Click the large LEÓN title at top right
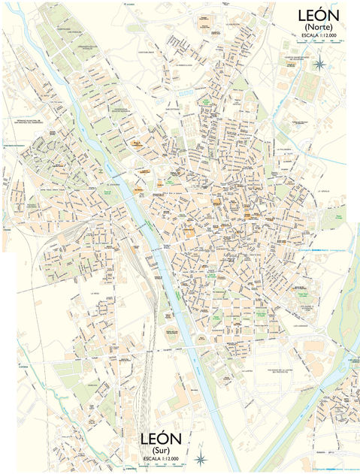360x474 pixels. coord(319,15)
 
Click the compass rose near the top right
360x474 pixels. coord(319,64)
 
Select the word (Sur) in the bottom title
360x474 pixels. coord(161,450)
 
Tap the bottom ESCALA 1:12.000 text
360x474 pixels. coord(161,458)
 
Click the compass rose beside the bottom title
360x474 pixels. coord(201,459)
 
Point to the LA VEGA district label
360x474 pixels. coord(95,294)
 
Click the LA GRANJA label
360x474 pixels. coord(324,191)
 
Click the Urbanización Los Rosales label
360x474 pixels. coord(71,33)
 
